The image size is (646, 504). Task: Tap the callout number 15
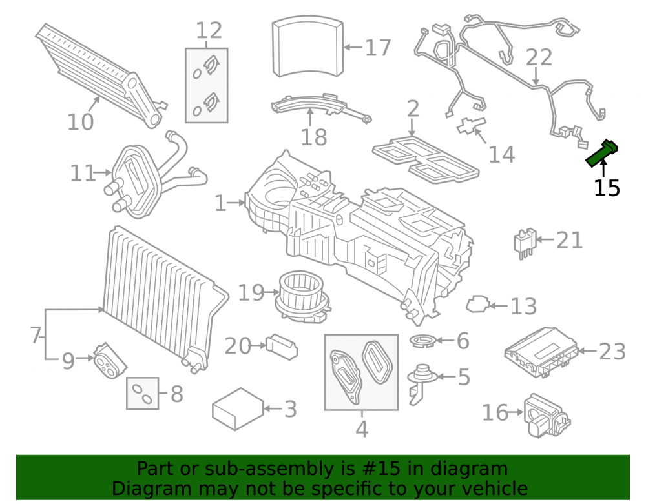pyautogui.click(x=607, y=188)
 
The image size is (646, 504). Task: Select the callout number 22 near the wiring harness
pyautogui.click(x=539, y=57)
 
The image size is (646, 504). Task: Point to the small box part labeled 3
pyautogui.click(x=238, y=409)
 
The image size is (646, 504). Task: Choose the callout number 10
pyautogui.click(x=80, y=122)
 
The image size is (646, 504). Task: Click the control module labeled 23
pyautogui.click(x=541, y=352)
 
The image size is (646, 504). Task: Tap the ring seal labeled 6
pyautogui.click(x=422, y=341)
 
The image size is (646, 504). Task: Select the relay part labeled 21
pyautogui.click(x=525, y=243)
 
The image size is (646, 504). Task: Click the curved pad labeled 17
pyautogui.click(x=307, y=46)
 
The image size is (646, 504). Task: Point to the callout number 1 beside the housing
pyautogui.click(x=220, y=203)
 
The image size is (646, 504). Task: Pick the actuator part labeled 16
pyautogui.click(x=547, y=416)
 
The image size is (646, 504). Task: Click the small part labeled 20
pyautogui.click(x=282, y=347)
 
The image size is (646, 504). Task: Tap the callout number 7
pyautogui.click(x=36, y=335)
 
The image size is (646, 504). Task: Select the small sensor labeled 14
pyautogui.click(x=471, y=125)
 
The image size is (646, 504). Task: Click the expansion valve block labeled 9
pyautogui.click(x=109, y=361)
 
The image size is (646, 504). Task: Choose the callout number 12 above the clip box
pyautogui.click(x=209, y=31)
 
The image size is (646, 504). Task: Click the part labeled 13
pyautogui.click(x=477, y=304)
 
